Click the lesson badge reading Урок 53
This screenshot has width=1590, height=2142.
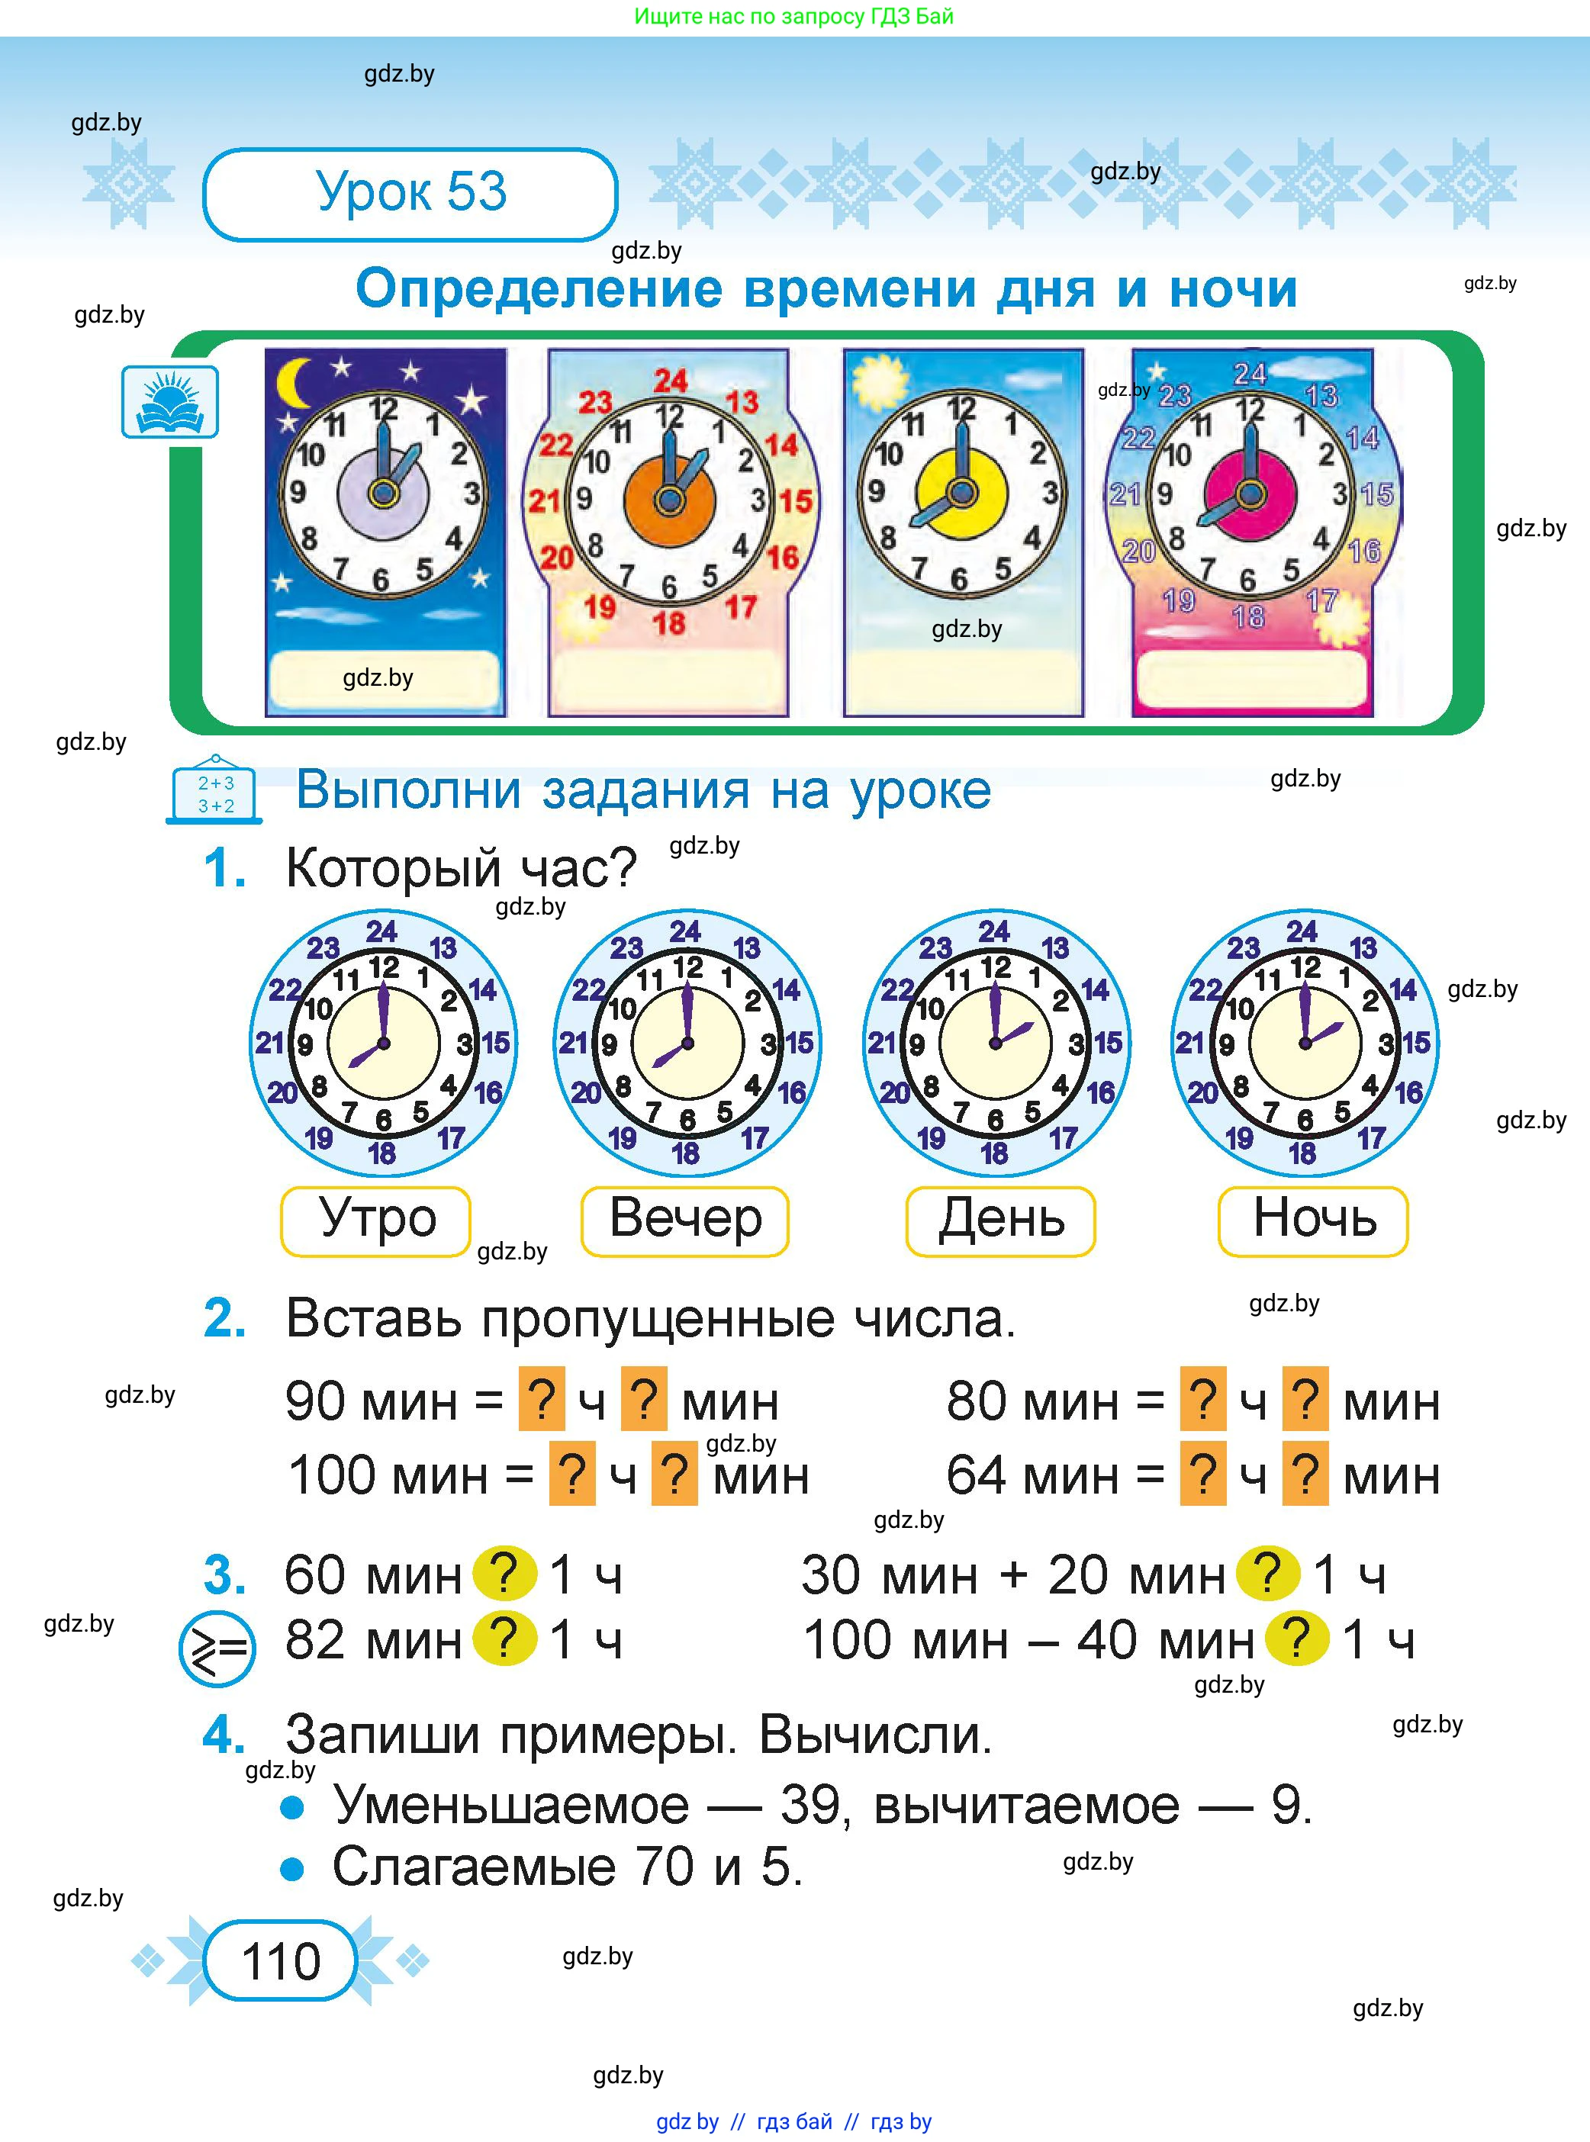[x=410, y=194]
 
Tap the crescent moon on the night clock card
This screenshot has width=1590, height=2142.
[x=295, y=383]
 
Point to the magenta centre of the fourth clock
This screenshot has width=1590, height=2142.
[x=1250, y=494]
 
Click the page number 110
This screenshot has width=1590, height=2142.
[x=280, y=1960]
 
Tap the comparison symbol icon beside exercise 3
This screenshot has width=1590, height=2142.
[x=217, y=1649]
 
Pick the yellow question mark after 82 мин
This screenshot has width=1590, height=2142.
[x=504, y=1638]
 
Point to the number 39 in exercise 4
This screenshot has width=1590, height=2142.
[x=811, y=1805]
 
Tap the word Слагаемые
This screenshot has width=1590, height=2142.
[x=475, y=1867]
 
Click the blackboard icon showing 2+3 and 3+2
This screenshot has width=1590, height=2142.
[x=216, y=792]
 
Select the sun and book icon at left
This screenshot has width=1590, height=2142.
[x=170, y=401]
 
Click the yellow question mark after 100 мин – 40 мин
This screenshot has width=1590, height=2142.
[x=1296, y=1638]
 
